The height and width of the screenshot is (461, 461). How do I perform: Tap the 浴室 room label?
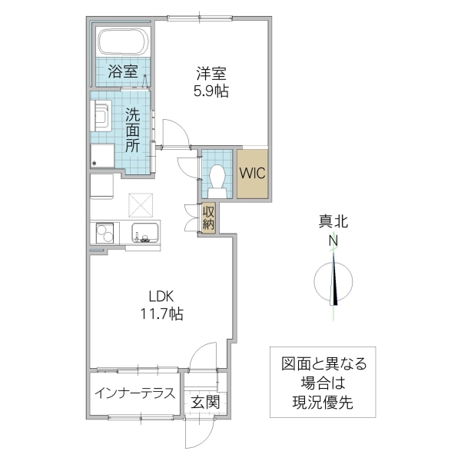(x=123, y=73)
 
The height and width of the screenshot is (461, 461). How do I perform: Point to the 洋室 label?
(x=211, y=75)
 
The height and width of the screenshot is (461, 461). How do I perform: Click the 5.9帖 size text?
(x=211, y=91)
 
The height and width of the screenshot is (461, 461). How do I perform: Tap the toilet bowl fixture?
(x=217, y=179)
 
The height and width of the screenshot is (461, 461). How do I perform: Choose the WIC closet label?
(x=252, y=173)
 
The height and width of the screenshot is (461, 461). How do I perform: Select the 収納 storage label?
(x=208, y=218)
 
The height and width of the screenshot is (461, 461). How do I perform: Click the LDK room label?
(x=161, y=296)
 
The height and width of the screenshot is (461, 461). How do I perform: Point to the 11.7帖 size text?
(x=161, y=313)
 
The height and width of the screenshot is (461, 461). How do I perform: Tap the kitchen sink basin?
(x=144, y=231)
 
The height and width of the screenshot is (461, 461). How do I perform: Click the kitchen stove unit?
(x=104, y=231)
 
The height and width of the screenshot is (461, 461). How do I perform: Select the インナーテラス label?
(x=134, y=393)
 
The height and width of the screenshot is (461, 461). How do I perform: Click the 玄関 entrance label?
(x=205, y=401)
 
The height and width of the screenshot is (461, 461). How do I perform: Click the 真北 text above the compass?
(x=334, y=223)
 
